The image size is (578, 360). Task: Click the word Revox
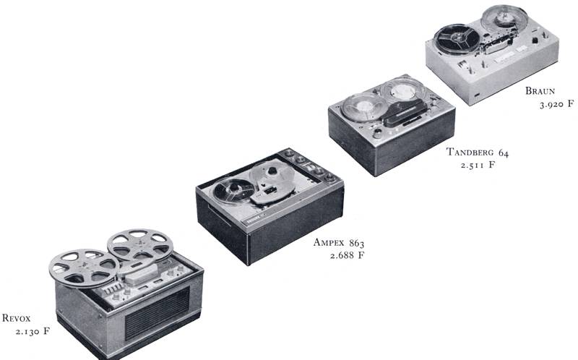[16, 318]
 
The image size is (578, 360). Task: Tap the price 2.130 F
[33, 331]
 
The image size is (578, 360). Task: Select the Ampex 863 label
[339, 243]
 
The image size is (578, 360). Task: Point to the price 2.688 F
[347, 255]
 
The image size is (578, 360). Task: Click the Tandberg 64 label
[478, 152]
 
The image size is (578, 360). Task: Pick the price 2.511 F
[478, 165]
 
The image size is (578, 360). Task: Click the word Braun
[540, 91]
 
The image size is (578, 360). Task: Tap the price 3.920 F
[556, 104]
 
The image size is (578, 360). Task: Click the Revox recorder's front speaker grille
[158, 313]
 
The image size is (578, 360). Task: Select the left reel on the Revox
[84, 267]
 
